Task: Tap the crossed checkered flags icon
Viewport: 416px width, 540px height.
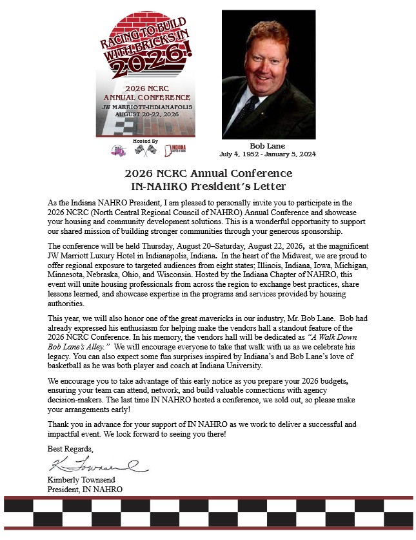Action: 145,150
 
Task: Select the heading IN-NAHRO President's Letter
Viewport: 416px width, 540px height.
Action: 208,187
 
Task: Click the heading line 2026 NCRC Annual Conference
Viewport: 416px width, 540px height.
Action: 208,174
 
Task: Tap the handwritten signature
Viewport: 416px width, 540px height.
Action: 97,464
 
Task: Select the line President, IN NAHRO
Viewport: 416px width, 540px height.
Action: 85,489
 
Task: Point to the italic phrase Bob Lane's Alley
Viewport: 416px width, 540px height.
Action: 76,348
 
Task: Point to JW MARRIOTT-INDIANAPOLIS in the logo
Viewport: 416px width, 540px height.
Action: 147,107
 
